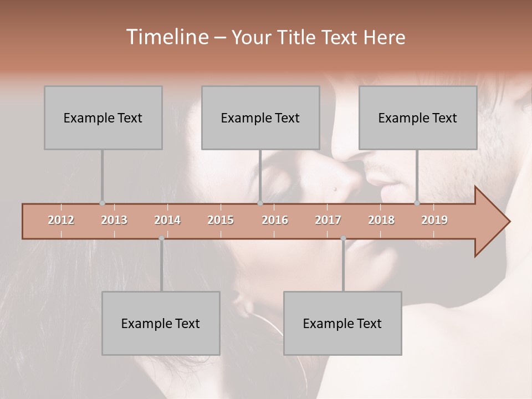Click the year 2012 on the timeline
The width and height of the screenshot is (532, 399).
[61, 220]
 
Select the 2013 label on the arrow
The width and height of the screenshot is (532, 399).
[114, 220]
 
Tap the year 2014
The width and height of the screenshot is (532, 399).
[167, 220]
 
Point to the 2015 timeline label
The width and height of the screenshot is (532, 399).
[221, 220]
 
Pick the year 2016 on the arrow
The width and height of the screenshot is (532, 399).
[275, 220]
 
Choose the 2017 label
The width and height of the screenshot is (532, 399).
[328, 220]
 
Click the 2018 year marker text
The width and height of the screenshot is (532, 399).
[381, 220]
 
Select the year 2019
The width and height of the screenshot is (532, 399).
[434, 220]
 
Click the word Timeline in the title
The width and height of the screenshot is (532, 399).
[166, 37]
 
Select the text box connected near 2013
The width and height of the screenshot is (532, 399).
[103, 117]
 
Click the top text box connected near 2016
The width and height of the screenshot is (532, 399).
[260, 117]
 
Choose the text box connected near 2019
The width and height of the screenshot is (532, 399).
[418, 117]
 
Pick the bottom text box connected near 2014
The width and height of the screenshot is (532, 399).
[161, 323]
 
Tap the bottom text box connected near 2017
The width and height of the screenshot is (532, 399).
[342, 323]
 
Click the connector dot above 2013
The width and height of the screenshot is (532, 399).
[102, 203]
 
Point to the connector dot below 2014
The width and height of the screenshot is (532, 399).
[161, 238]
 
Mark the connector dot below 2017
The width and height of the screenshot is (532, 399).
[343, 238]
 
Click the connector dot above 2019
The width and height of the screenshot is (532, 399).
[417, 203]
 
